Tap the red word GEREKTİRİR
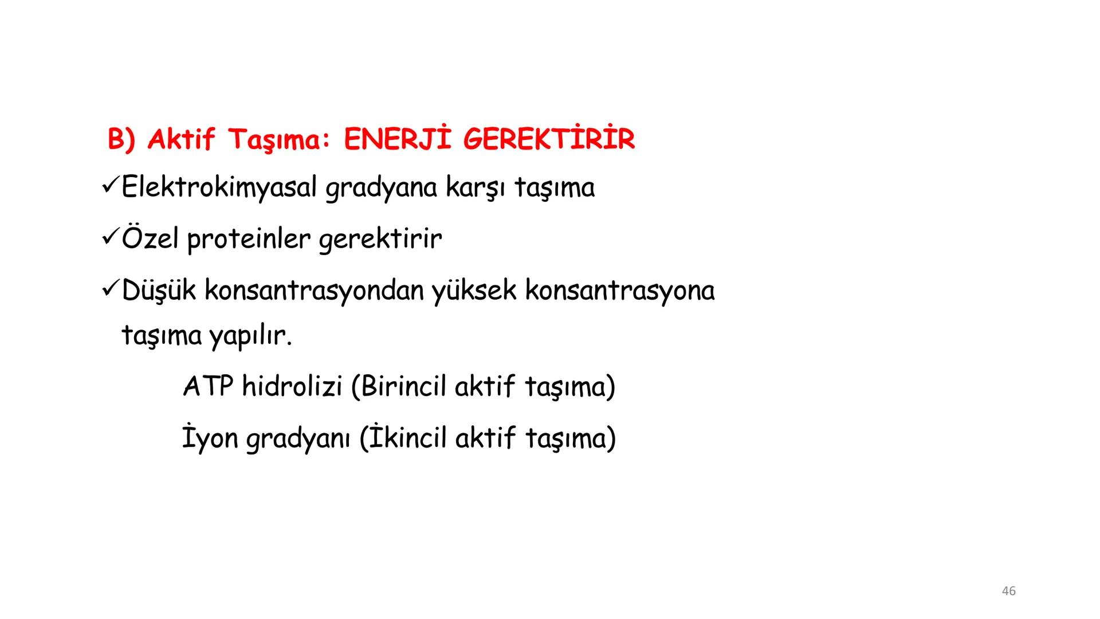coord(549,140)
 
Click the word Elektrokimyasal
coord(219,188)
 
